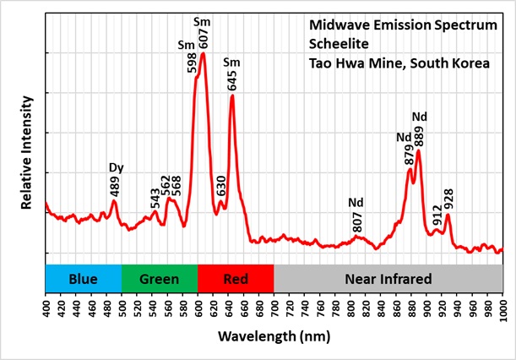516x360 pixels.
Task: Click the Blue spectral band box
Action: tap(83, 279)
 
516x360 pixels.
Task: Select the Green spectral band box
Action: tap(159, 279)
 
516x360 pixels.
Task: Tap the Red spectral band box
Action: tap(236, 279)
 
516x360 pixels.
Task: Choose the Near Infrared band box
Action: tap(388, 279)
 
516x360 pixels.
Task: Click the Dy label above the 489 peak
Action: tap(116, 166)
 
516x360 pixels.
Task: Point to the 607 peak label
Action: tap(203, 37)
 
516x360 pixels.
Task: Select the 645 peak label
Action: tap(232, 80)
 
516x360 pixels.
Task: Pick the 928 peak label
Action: tap(448, 199)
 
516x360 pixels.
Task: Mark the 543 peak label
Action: tap(155, 199)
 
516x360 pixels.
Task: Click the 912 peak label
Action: tap(437, 215)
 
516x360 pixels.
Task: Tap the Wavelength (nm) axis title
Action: tap(274, 337)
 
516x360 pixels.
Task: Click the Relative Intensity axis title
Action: tap(26, 152)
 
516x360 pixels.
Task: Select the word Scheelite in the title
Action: tap(328, 44)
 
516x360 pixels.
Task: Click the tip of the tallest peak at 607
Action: tap(202, 54)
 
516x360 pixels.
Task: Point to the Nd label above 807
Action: tap(356, 203)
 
